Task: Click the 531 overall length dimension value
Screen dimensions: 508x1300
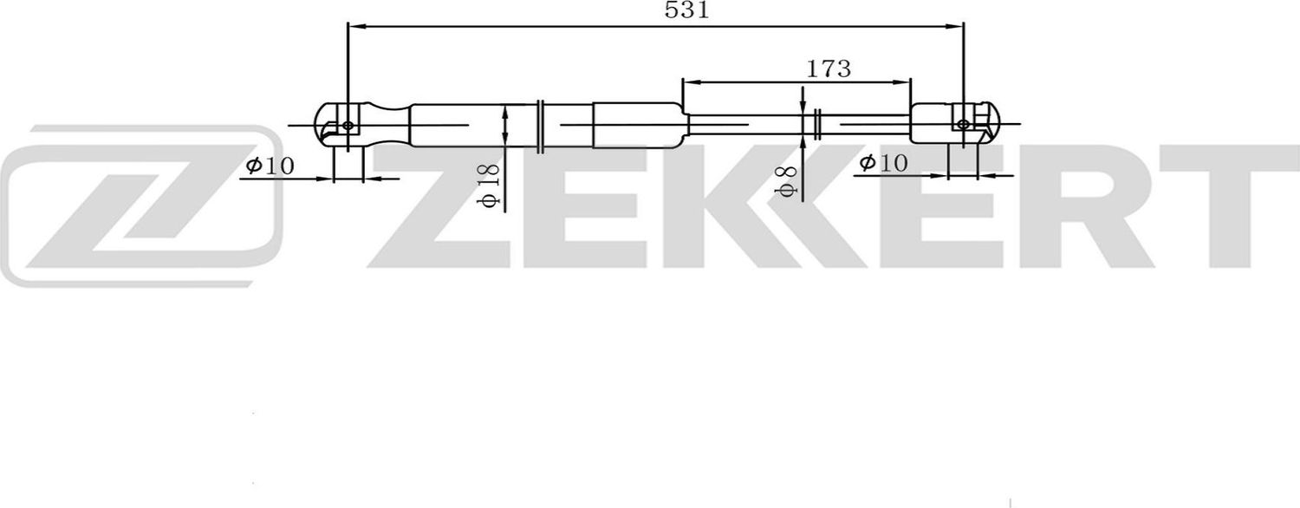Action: (686, 11)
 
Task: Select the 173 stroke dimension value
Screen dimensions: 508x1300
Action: (829, 68)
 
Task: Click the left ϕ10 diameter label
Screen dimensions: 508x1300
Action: (270, 166)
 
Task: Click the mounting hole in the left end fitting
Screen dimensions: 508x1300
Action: (348, 126)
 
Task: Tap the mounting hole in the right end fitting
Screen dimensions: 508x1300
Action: (964, 124)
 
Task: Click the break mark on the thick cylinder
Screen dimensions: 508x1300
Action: (540, 125)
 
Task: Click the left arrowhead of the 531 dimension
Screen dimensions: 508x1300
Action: (354, 26)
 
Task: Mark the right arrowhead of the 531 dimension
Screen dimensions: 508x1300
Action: (958, 26)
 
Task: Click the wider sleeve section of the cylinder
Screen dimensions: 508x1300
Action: (638, 126)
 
